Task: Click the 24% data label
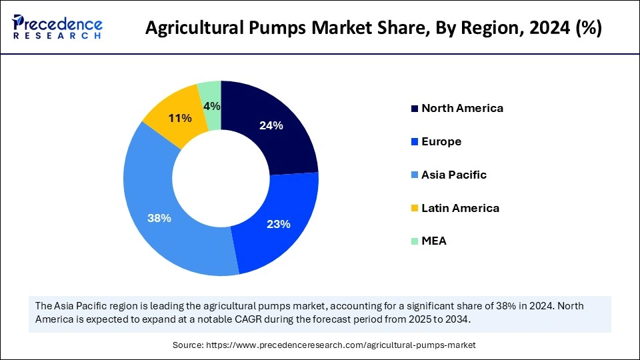pos(271,125)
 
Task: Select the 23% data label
pos(278,225)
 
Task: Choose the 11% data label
pos(180,118)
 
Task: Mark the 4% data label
pos(212,106)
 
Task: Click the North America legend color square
pos(415,109)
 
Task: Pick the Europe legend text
pos(441,141)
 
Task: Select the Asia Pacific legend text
pos(454,175)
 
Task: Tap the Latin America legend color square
pos(415,209)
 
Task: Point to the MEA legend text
pos(434,241)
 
